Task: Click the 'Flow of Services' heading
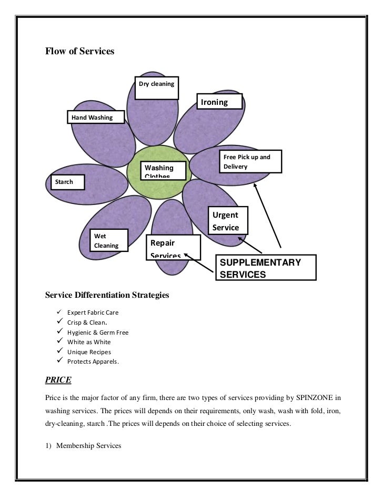pyautogui.click(x=79, y=51)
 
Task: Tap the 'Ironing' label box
pyautogui.click(x=220, y=101)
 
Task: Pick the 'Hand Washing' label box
pyautogui.click(x=95, y=117)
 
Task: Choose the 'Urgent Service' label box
pyautogui.click(x=228, y=221)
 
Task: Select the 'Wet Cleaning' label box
pyautogui.click(x=108, y=241)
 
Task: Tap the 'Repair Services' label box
pyautogui.click(x=174, y=247)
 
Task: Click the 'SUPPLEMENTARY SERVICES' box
pyautogui.click(x=266, y=268)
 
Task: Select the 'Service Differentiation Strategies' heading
pyautogui.click(x=107, y=295)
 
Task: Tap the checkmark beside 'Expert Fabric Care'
pyautogui.click(x=59, y=312)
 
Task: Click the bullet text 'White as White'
pyautogui.click(x=89, y=342)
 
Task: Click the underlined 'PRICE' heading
pyautogui.click(x=58, y=379)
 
